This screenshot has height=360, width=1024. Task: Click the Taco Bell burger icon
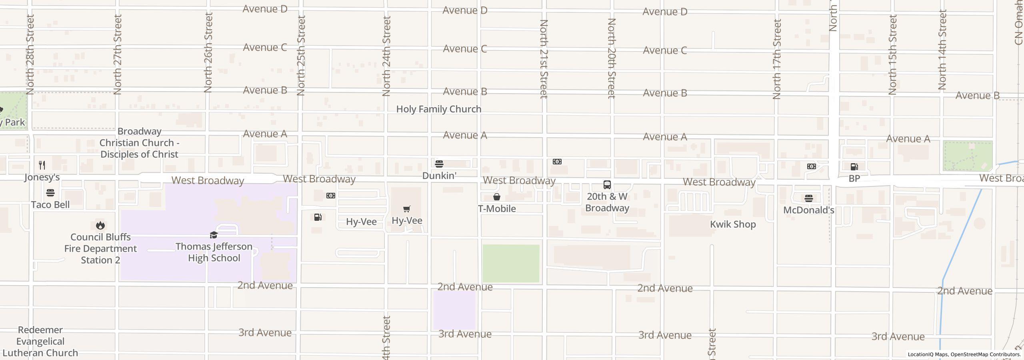pos(50,193)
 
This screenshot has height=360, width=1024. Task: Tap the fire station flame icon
pos(100,225)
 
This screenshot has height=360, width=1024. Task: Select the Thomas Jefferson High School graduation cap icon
pos(214,235)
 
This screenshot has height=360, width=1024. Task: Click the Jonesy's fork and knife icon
pos(42,165)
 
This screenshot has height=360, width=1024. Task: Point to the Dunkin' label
pos(439,176)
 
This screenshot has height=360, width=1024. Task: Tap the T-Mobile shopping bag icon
pos(497,197)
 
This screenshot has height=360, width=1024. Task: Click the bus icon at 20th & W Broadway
pos(607,185)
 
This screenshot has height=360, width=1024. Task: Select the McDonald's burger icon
pos(808,198)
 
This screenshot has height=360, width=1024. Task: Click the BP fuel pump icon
pos(854,166)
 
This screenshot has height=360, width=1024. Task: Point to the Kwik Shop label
pos(733,224)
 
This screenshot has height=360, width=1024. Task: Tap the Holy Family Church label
pos(439,109)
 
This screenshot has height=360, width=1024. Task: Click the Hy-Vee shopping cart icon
pos(407,209)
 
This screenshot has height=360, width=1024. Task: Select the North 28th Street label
pos(30,54)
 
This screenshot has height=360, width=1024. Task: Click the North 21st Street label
pos(544,59)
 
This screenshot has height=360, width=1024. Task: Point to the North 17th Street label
pos(777,59)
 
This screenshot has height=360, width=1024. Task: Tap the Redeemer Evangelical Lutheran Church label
pos(40,341)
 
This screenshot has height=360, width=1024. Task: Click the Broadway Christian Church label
pos(139,143)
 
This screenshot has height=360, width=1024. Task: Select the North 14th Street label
pos(942,50)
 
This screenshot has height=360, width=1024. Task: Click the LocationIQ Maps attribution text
pos(964,354)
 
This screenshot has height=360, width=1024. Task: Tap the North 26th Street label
pos(208,52)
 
